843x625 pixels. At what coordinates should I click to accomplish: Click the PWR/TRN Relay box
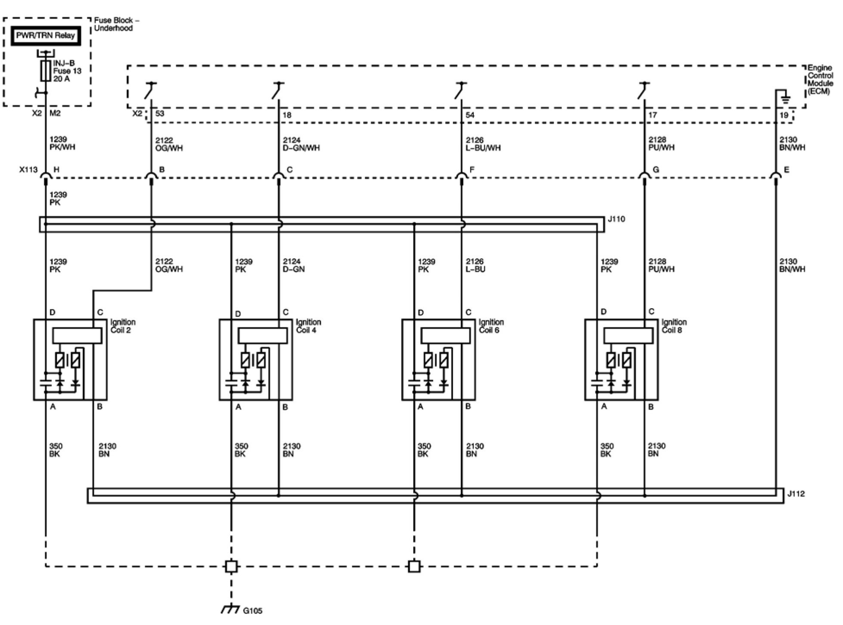tap(45, 36)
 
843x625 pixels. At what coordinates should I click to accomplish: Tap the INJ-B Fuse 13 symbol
tap(46, 71)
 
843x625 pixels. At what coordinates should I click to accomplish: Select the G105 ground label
tap(253, 610)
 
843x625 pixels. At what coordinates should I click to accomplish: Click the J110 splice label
tap(616, 219)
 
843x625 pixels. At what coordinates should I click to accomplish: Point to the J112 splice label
tap(796, 494)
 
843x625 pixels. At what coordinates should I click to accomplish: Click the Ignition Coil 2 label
tap(122, 326)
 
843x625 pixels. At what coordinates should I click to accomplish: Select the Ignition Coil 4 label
tap(308, 326)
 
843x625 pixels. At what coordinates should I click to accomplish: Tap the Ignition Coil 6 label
tap(491, 326)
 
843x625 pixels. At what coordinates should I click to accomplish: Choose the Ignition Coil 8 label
tap(674, 326)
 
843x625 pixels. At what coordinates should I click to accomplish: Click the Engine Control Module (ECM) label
tap(819, 80)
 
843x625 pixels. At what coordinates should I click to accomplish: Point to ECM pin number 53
tap(160, 114)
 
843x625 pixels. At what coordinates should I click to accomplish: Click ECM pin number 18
tap(287, 115)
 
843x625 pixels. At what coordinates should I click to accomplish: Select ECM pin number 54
tap(470, 115)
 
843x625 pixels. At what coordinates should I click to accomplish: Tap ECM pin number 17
tap(653, 115)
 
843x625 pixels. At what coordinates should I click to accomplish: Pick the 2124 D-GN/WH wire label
tap(301, 144)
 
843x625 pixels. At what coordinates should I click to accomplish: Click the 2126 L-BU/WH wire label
tap(483, 144)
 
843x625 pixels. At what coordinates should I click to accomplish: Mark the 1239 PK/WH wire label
tap(62, 143)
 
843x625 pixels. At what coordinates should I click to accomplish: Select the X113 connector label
tap(28, 170)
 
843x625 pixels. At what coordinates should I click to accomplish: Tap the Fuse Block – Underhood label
tap(116, 24)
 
